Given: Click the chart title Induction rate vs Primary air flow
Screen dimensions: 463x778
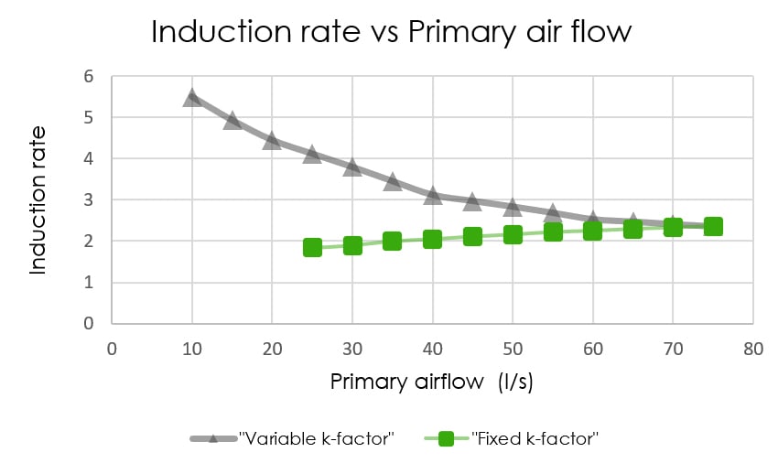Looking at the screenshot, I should click(x=391, y=32).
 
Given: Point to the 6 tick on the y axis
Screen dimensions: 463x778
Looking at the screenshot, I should click(x=89, y=77).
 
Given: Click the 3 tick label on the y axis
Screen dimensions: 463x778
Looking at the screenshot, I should click(x=89, y=200).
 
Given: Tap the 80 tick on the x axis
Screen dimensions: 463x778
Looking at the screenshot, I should click(x=753, y=348).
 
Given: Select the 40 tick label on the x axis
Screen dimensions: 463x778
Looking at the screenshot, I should click(x=432, y=348).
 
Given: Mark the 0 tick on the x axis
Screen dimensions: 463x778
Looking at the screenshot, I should click(x=112, y=348).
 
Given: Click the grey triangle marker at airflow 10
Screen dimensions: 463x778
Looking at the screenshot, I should click(x=192, y=96).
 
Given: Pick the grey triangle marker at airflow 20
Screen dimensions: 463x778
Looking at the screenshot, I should click(x=272, y=139).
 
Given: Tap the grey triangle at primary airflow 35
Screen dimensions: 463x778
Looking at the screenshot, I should click(x=393, y=181).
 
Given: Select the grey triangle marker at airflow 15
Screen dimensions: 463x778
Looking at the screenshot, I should click(x=232, y=119).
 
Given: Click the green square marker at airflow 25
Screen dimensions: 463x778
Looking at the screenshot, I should click(x=312, y=247).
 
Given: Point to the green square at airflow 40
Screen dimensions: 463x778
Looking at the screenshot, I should click(x=432, y=239).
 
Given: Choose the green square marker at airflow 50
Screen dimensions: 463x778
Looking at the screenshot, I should click(x=513, y=234).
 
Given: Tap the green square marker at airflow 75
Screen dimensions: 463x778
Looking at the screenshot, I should click(x=713, y=226).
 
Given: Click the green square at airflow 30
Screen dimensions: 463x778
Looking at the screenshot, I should click(x=352, y=245).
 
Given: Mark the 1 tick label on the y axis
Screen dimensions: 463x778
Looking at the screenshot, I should click(x=89, y=283).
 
